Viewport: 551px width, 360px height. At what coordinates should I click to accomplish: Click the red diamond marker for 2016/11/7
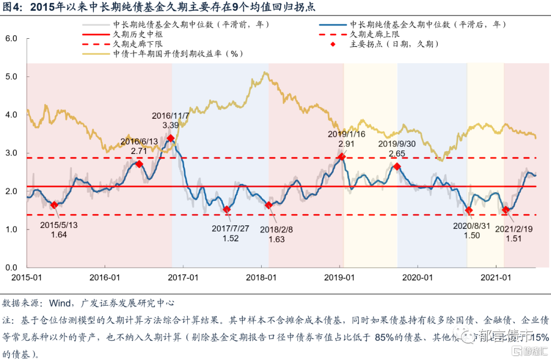point(170,138)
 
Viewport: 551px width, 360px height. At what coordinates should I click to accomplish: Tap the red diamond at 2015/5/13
point(54,205)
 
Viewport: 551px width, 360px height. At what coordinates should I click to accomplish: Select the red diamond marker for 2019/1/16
point(341,157)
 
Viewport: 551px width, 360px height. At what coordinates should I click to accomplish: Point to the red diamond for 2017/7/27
point(227,210)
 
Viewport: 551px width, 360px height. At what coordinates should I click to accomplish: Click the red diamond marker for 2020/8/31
point(469,210)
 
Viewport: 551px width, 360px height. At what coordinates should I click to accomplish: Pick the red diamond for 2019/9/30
point(396,166)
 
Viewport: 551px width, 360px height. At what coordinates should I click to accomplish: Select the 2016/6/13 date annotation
point(138,142)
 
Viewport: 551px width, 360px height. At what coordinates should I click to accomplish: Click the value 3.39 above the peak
point(170,125)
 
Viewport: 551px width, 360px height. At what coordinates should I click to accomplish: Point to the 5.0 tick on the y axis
point(11,76)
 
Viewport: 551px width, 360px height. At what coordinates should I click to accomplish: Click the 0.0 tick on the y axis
point(11,267)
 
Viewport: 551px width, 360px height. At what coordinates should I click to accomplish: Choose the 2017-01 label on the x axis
point(183,277)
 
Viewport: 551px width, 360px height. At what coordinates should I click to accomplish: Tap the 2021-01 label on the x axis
point(496,277)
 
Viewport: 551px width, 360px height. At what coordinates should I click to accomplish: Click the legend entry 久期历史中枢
point(138,34)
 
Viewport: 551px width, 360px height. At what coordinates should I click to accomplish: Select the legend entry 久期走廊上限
point(374,34)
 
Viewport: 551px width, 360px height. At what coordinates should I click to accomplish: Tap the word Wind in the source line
point(60,303)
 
